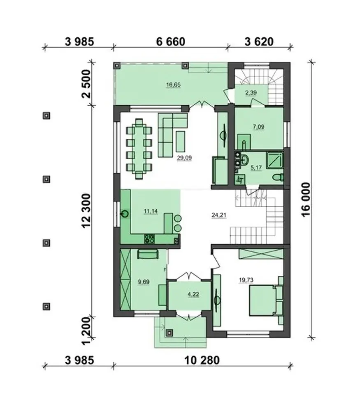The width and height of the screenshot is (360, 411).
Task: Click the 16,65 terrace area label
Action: [173, 85]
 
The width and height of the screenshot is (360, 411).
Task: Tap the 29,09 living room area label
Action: [184, 158]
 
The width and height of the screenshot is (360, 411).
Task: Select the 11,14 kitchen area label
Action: [151, 211]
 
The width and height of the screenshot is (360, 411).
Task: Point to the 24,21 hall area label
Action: [219, 215]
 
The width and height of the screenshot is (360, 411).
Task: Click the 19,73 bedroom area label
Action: [246, 280]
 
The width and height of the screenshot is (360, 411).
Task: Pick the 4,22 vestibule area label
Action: [193, 294]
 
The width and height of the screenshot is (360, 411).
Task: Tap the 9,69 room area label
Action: [144, 282]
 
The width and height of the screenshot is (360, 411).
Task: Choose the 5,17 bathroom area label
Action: [256, 168]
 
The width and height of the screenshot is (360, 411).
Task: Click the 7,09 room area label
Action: [258, 127]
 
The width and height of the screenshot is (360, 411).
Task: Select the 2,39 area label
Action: [251, 93]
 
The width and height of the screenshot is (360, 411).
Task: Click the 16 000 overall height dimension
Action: [306, 199]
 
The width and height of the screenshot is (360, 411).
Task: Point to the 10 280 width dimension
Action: [202, 360]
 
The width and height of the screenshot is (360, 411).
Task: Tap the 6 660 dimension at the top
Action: [171, 42]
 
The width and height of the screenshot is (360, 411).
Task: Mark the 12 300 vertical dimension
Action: [86, 211]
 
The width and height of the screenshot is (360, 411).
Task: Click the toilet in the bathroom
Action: [278, 177]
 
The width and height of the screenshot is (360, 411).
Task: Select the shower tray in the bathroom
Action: [275, 160]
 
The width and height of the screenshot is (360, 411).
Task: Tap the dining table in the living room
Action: [139, 149]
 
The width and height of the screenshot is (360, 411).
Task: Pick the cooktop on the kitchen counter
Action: [149, 239]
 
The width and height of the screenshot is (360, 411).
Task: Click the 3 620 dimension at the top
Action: [259, 42]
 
